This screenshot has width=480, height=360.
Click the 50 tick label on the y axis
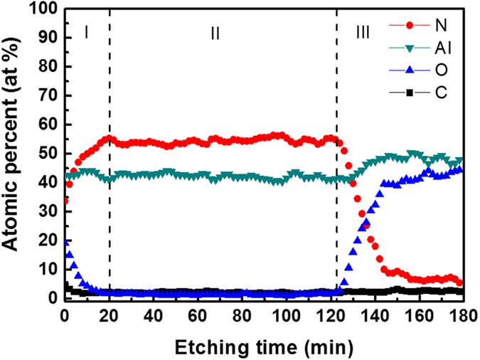48,154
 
